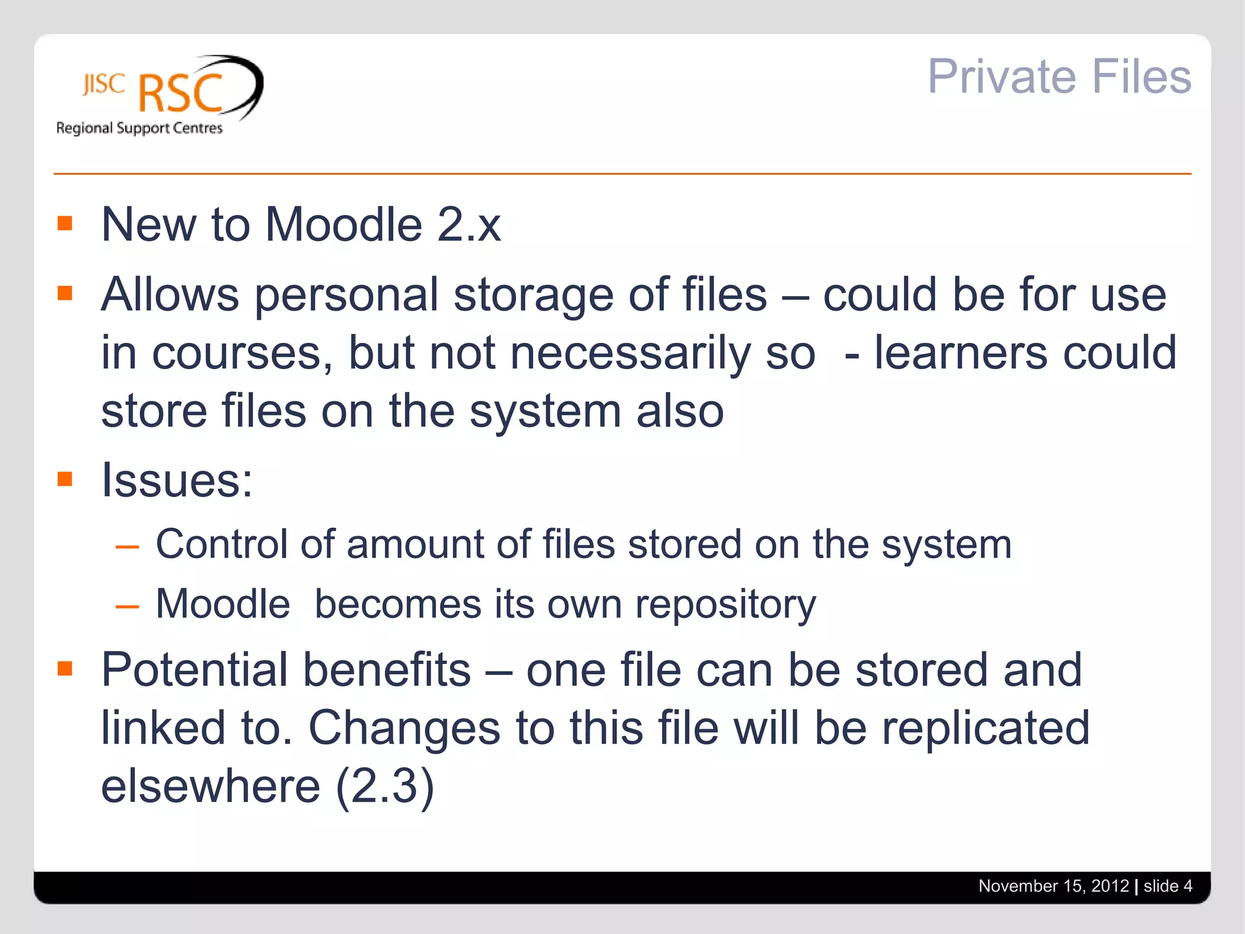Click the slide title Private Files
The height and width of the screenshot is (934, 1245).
point(1058,77)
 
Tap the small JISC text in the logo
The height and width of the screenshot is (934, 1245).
point(104,85)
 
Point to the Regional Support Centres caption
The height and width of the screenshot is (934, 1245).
point(139,128)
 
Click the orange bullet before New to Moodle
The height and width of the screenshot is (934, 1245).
point(65,223)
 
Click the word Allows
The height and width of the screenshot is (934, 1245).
point(170,295)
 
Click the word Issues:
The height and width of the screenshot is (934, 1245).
point(176,480)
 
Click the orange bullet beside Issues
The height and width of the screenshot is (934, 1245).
point(65,479)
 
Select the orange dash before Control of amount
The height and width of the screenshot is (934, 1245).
point(127,547)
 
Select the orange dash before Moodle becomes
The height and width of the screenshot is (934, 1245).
point(127,607)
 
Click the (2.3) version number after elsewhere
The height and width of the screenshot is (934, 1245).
point(385,786)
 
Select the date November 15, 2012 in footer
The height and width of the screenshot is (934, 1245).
point(1053,886)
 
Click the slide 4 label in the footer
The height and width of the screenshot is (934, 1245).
point(1167,886)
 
